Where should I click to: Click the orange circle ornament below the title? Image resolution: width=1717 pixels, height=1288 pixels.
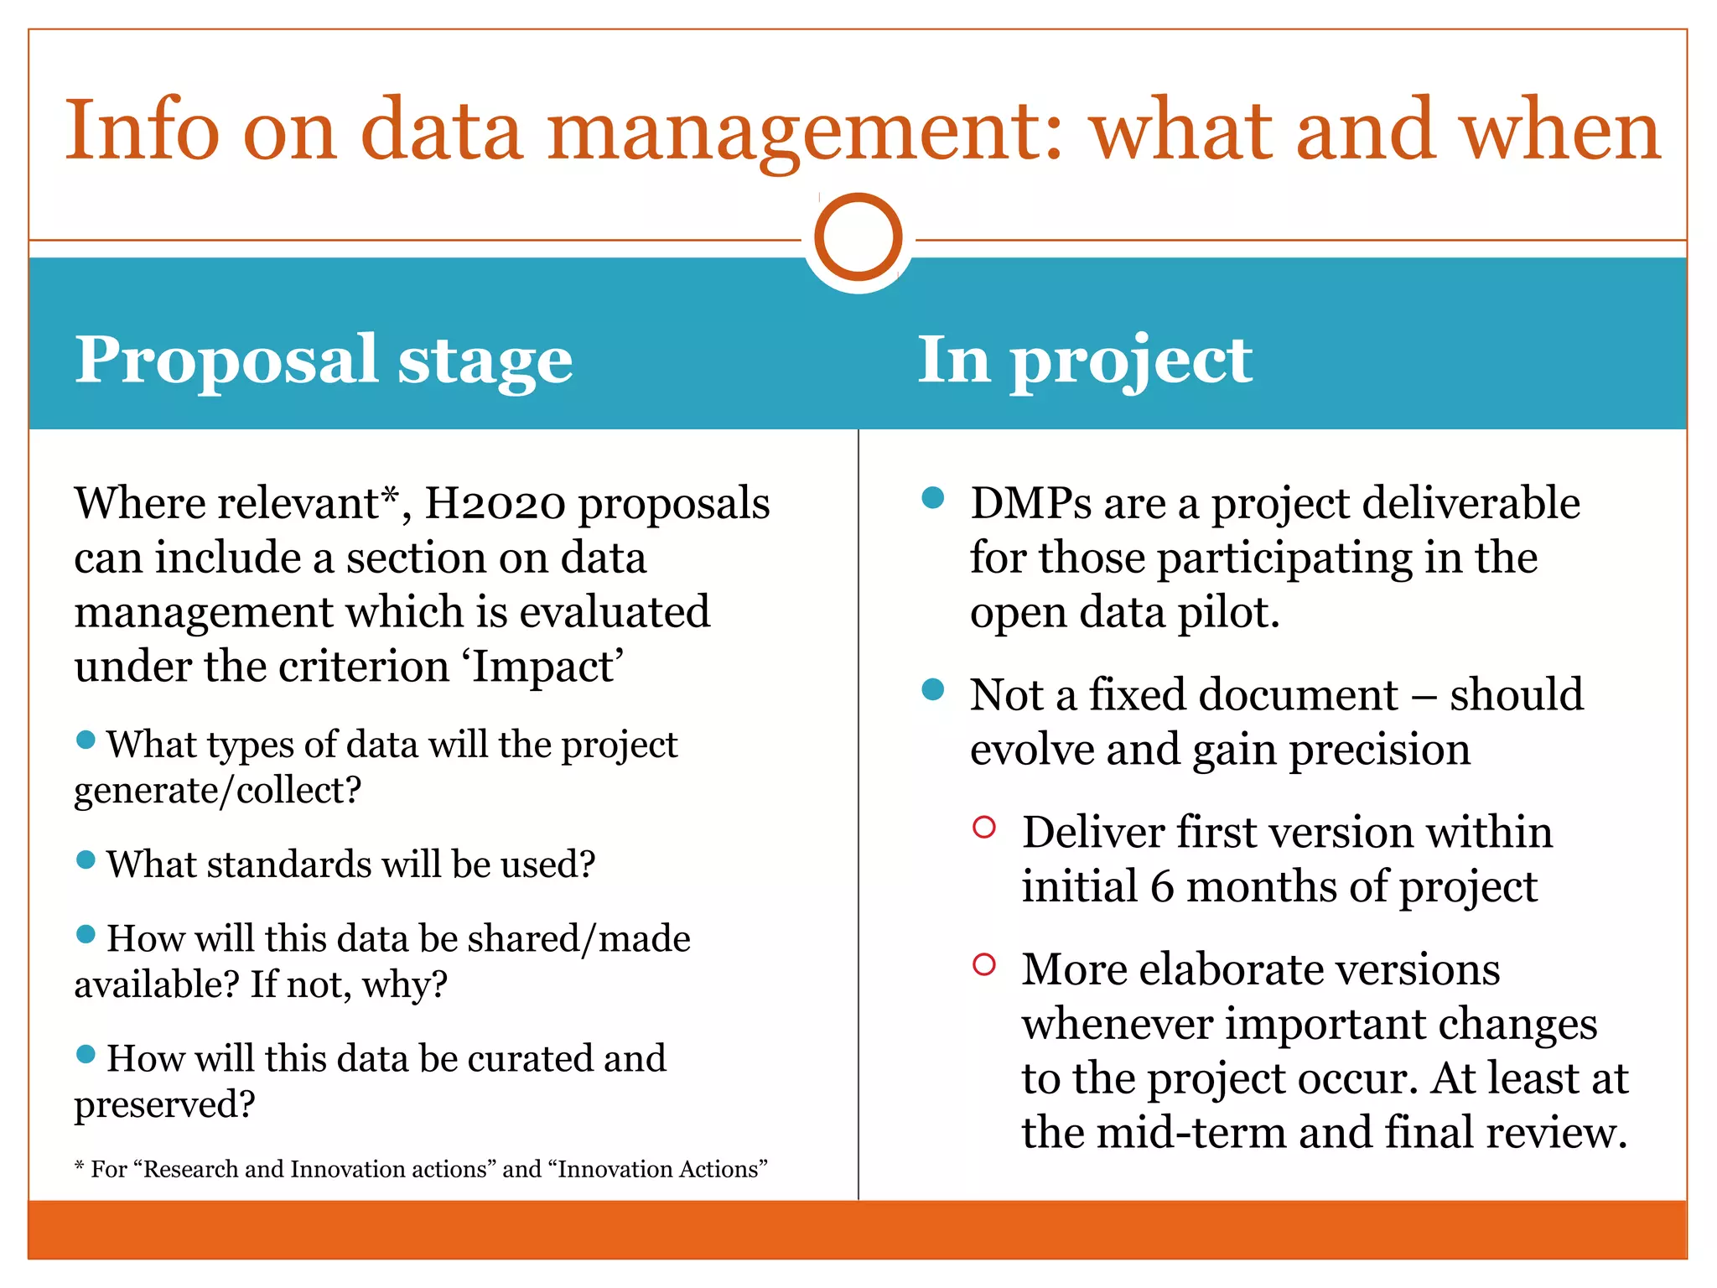(858, 237)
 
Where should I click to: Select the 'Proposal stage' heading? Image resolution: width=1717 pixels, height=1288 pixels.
(324, 361)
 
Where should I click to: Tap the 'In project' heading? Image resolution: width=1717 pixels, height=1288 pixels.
(1084, 361)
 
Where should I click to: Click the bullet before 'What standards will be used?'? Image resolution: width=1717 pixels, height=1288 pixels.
(86, 860)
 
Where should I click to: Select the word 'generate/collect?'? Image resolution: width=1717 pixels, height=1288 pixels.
(218, 791)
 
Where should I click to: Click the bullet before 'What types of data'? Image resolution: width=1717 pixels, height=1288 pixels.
(86, 740)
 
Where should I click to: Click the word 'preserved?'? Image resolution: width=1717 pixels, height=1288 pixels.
(164, 1105)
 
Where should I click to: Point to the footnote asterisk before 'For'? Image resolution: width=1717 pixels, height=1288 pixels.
(80, 1167)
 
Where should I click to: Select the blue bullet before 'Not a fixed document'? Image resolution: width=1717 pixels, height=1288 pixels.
(932, 690)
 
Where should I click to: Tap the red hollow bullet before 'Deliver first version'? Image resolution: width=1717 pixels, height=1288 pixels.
(984, 828)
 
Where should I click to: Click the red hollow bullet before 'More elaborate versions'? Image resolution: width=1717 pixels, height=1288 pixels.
(984, 964)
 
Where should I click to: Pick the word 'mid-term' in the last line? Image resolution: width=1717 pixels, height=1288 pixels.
(1190, 1133)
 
